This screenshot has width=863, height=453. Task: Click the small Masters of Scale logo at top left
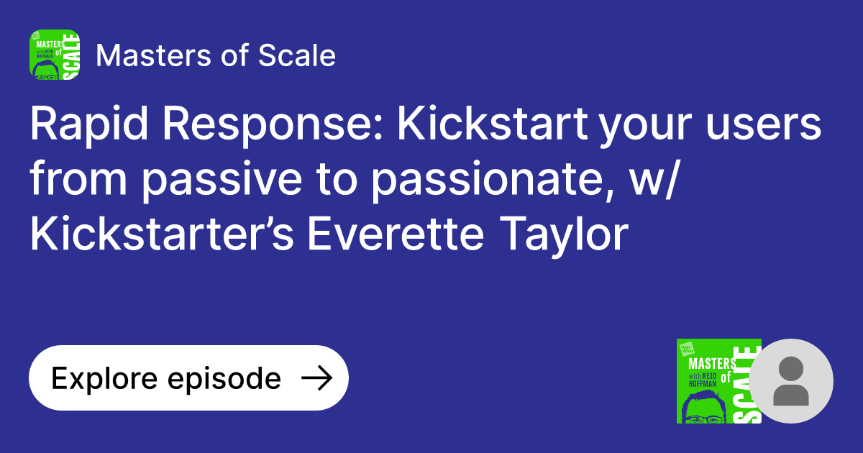55,55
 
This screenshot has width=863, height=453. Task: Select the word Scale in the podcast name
303,55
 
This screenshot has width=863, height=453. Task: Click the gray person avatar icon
791,381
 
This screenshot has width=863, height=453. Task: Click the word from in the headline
79,180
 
